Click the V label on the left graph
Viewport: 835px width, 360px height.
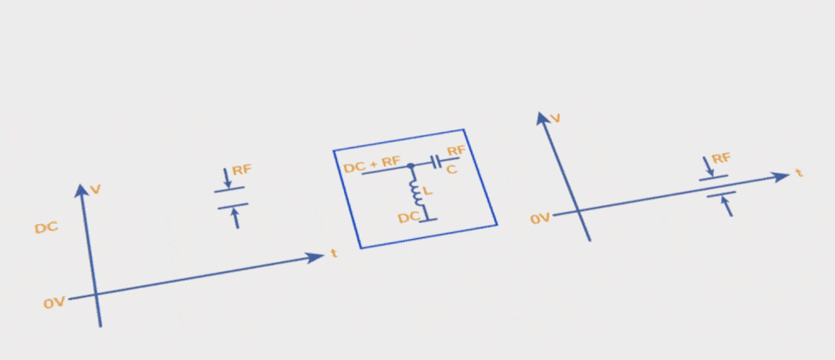point(96,189)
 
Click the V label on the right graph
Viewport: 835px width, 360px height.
point(555,118)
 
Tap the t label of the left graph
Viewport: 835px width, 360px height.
point(334,253)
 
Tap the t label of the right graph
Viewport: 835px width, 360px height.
point(799,172)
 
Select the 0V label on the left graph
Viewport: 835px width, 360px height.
point(53,303)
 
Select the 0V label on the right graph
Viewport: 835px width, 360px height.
point(540,218)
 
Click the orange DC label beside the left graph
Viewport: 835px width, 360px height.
point(46,228)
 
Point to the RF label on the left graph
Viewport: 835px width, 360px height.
point(242,170)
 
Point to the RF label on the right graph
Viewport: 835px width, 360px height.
point(721,158)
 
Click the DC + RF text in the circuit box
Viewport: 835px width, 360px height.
point(372,165)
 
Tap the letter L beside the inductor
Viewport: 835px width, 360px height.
point(428,191)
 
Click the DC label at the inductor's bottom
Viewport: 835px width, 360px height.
point(408,217)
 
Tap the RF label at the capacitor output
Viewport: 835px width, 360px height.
point(457,150)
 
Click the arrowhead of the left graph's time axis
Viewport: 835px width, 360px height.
point(316,257)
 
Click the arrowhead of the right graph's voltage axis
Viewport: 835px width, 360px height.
point(543,119)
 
